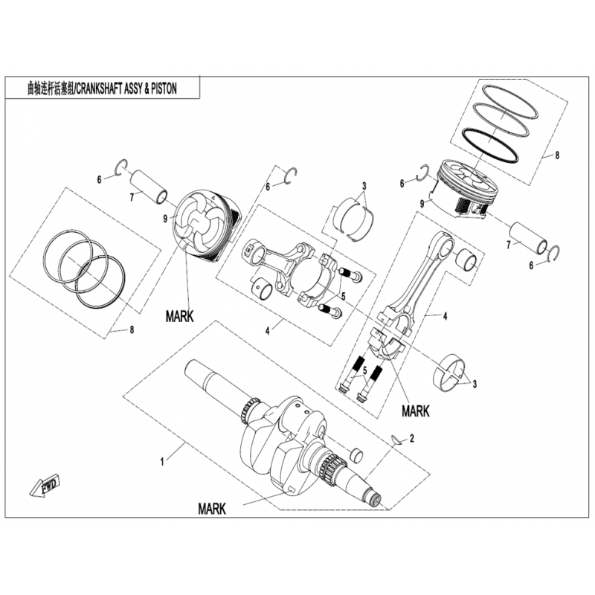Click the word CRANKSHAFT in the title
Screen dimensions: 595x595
point(99,89)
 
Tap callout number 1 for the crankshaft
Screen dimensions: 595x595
point(162,462)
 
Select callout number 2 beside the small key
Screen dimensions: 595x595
point(412,439)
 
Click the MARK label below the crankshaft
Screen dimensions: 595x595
point(212,509)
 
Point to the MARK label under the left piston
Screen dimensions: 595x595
point(179,316)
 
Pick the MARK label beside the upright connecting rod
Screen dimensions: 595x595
point(416,411)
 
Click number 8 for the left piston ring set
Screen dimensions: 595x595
point(132,329)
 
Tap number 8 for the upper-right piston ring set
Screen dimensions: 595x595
point(556,155)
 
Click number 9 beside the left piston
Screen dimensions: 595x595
point(165,219)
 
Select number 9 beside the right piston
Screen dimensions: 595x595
point(422,204)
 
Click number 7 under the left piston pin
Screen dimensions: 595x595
point(132,197)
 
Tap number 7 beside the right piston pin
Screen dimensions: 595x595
point(509,245)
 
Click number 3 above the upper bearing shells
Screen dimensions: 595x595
point(364,186)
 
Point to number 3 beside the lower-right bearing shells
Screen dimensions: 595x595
point(475,384)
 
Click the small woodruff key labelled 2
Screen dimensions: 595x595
point(397,440)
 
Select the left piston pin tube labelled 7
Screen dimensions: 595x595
point(149,187)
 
